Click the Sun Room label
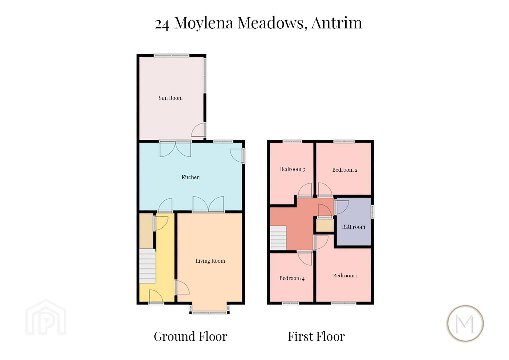pos(170,98)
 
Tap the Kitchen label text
pos(191,177)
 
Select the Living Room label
pos(210,261)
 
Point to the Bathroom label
pos(354,227)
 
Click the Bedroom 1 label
pos(346,276)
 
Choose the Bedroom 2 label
pos(345,170)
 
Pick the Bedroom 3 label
pos(293,169)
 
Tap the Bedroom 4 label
pos(292,278)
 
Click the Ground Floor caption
pos(190,336)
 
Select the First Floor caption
pos(316,336)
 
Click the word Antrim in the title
pos(337,23)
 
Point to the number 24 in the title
pos(162,24)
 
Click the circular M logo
pos(465,323)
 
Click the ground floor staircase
pos(147,266)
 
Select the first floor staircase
pos(278,238)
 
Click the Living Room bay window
pos(209,309)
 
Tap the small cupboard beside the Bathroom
pos(325,225)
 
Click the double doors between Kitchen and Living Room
pos(208,204)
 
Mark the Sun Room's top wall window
pos(171,55)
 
